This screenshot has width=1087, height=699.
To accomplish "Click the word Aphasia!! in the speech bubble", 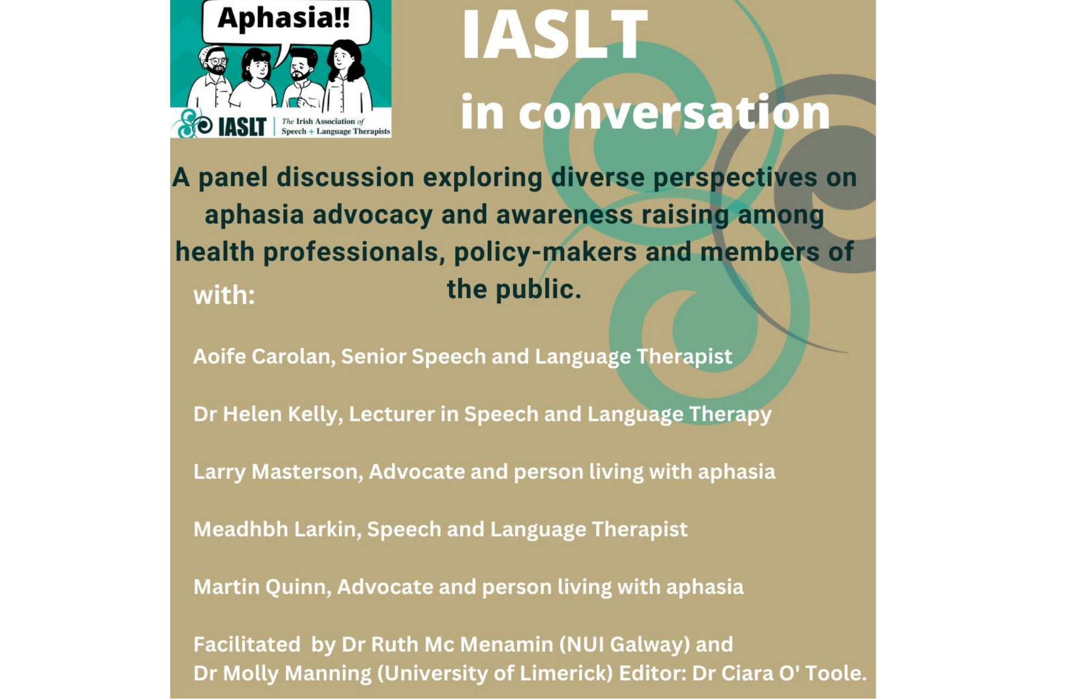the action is (x=283, y=18).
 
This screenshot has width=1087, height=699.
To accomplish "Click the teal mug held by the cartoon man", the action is (x=294, y=101).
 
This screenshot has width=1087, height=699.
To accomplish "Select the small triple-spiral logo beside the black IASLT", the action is (x=193, y=123).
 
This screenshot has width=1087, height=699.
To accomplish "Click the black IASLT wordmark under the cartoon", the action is (x=242, y=127).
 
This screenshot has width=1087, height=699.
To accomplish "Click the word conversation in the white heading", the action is (x=674, y=112).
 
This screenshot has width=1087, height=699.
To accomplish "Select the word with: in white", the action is (x=224, y=295).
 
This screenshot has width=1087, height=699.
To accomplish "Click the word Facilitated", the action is (x=247, y=644).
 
